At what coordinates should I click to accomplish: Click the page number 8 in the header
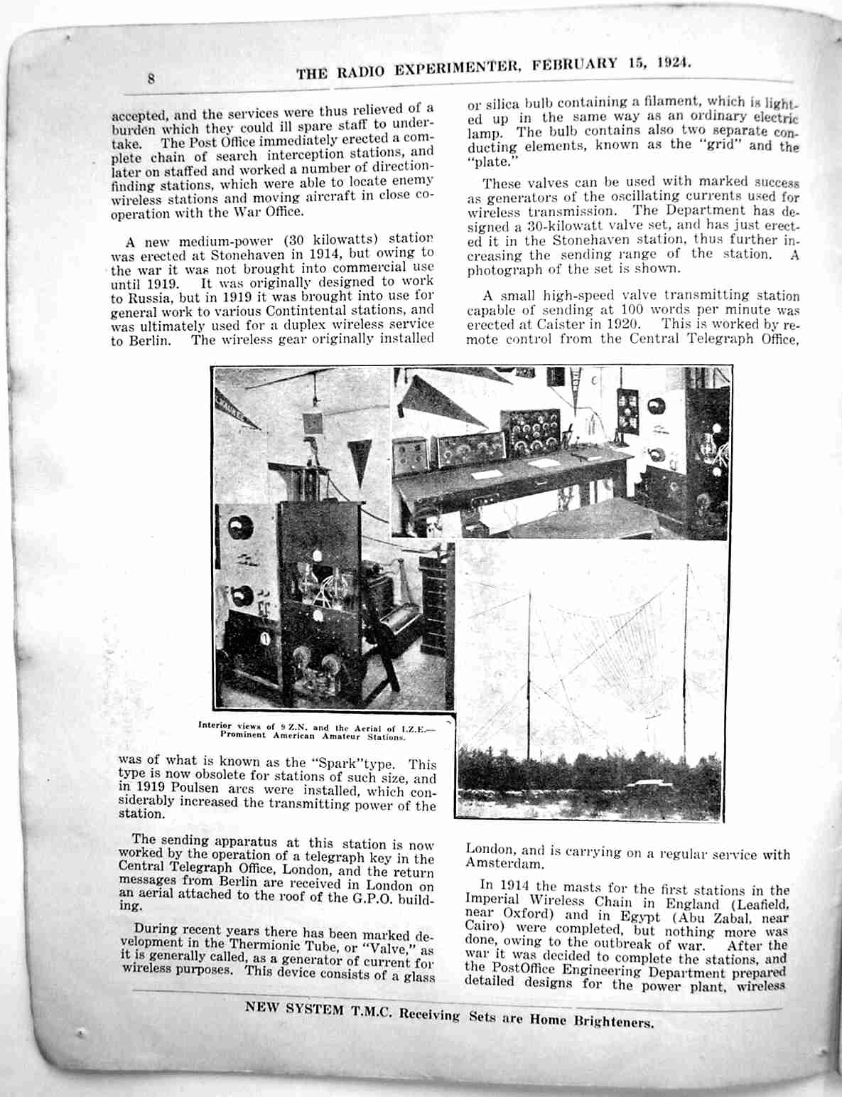151,78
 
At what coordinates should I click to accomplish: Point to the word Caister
566,324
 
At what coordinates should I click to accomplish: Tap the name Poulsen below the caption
190,788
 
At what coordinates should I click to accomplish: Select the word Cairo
482,925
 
